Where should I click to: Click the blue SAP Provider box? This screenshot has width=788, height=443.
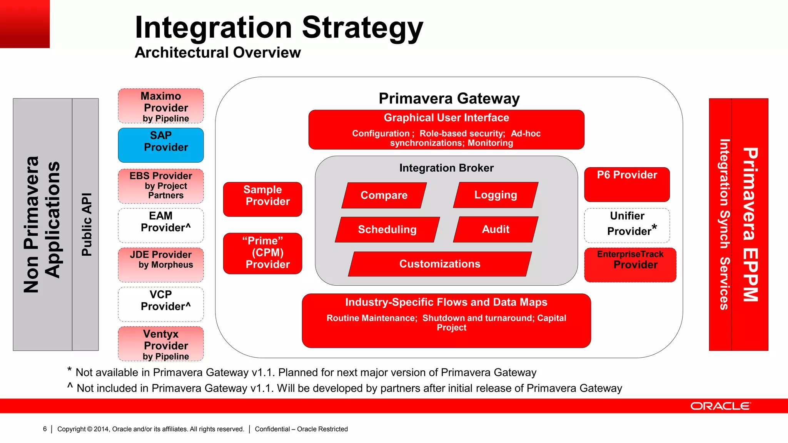pos(160,145)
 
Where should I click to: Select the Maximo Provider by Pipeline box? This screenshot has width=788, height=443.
pos(160,106)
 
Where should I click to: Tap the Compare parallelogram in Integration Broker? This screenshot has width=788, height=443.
pos(384,195)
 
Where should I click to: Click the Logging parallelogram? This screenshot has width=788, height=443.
pos(496,195)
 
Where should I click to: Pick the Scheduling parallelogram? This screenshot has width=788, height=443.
pos(387,230)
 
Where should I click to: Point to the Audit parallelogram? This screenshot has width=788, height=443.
pos(496,229)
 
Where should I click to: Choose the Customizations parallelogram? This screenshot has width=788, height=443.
pos(440,264)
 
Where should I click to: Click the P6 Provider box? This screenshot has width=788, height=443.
pos(627,184)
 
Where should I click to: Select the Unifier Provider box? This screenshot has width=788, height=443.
pos(627,225)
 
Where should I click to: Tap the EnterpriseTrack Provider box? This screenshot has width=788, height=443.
pos(630,265)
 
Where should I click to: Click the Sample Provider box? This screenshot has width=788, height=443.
pos(262,199)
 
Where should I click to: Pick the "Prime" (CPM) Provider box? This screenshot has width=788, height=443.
pos(262,253)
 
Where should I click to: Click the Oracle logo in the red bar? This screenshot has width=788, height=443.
pos(720,406)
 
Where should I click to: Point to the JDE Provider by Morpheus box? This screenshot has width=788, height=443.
pos(160,265)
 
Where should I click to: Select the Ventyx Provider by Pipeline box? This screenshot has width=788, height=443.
pos(160,344)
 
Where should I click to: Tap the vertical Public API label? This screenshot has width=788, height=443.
pos(87,225)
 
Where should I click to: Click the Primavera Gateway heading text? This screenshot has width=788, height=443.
pos(449,98)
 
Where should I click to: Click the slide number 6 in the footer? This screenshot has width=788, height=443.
pos(45,429)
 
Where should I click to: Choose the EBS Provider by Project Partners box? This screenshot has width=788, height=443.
pos(160,186)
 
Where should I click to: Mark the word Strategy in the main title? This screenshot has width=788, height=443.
pos(362,28)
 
